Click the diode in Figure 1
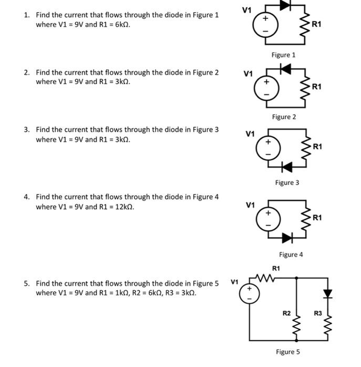pos(286,5)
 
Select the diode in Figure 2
pos(285,68)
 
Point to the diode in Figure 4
pos(286,238)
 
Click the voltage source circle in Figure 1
pos(265,25)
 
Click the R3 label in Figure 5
pos(317,314)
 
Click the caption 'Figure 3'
pos(287,183)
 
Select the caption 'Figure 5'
pos(288,352)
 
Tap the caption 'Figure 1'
pos(283,55)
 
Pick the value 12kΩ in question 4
pos(123,207)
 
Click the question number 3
pos(26,129)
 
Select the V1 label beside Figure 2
pos(249,73)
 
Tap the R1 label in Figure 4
pos(317,218)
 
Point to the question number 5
pos(26,284)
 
